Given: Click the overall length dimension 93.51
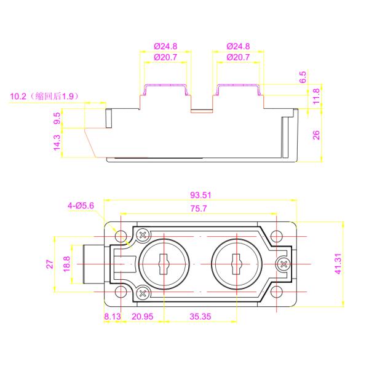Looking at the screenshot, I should click(200, 195).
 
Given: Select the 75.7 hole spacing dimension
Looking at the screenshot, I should click(198, 208).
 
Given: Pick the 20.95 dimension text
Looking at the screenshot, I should click(142, 317).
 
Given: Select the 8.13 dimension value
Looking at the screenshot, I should click(113, 317).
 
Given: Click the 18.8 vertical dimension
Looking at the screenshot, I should click(66, 264).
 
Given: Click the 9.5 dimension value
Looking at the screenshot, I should click(57, 118).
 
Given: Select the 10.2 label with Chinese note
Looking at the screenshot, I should click(46, 97).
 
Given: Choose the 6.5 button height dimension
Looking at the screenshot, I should click(302, 77).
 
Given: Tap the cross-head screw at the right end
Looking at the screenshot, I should click(284, 264).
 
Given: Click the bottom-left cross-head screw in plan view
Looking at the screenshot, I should click(143, 293).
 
